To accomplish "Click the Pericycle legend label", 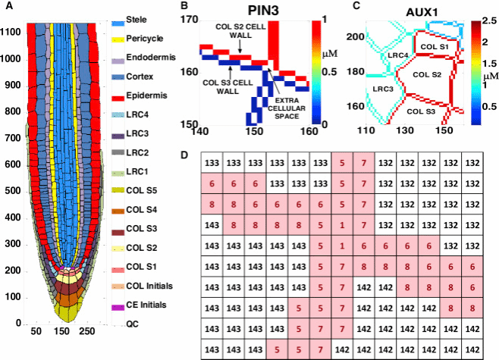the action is (145, 39).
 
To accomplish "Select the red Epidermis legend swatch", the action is (118, 97).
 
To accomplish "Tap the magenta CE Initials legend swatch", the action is (118, 308).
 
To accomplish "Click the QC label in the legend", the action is (133, 324).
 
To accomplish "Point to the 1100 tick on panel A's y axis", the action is (10, 33).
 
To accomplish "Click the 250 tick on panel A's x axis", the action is (87, 331).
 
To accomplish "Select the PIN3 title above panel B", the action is (263, 11).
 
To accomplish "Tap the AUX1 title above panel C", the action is (422, 12).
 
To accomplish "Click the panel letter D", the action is (184, 155).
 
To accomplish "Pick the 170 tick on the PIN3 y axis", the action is (190, 20).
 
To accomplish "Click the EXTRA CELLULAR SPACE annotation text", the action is (287, 108).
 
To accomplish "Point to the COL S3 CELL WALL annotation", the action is (228, 87).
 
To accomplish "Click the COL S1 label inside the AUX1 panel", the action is (435, 47).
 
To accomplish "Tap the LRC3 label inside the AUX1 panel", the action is (383, 89).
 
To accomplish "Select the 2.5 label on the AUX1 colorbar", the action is (489, 21).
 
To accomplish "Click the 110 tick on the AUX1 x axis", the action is (366, 130).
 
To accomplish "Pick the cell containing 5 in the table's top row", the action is (342, 162).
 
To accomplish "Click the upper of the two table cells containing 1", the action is (342, 225).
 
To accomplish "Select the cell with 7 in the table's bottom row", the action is (321, 349).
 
